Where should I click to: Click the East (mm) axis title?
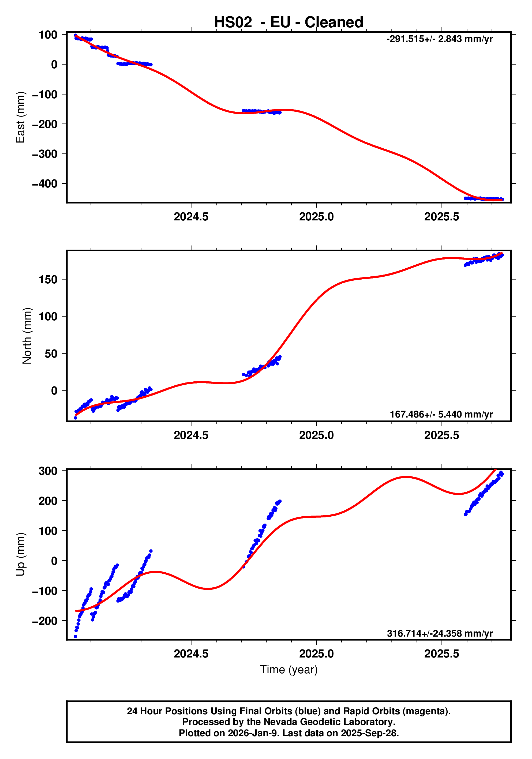tap(21, 117)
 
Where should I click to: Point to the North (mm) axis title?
tap(27, 336)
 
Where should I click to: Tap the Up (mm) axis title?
tap(21, 554)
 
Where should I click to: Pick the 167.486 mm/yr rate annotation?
tap(441, 414)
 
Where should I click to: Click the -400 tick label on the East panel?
tap(45, 184)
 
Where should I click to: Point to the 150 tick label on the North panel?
tap(48, 280)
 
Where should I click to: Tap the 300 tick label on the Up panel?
tap(48, 471)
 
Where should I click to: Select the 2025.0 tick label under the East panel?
tap(316, 217)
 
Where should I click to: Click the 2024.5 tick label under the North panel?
tap(191, 435)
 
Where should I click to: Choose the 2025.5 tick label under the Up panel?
tap(441, 654)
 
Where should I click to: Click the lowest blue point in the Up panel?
tap(75, 636)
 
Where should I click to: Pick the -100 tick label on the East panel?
tap(45, 95)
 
